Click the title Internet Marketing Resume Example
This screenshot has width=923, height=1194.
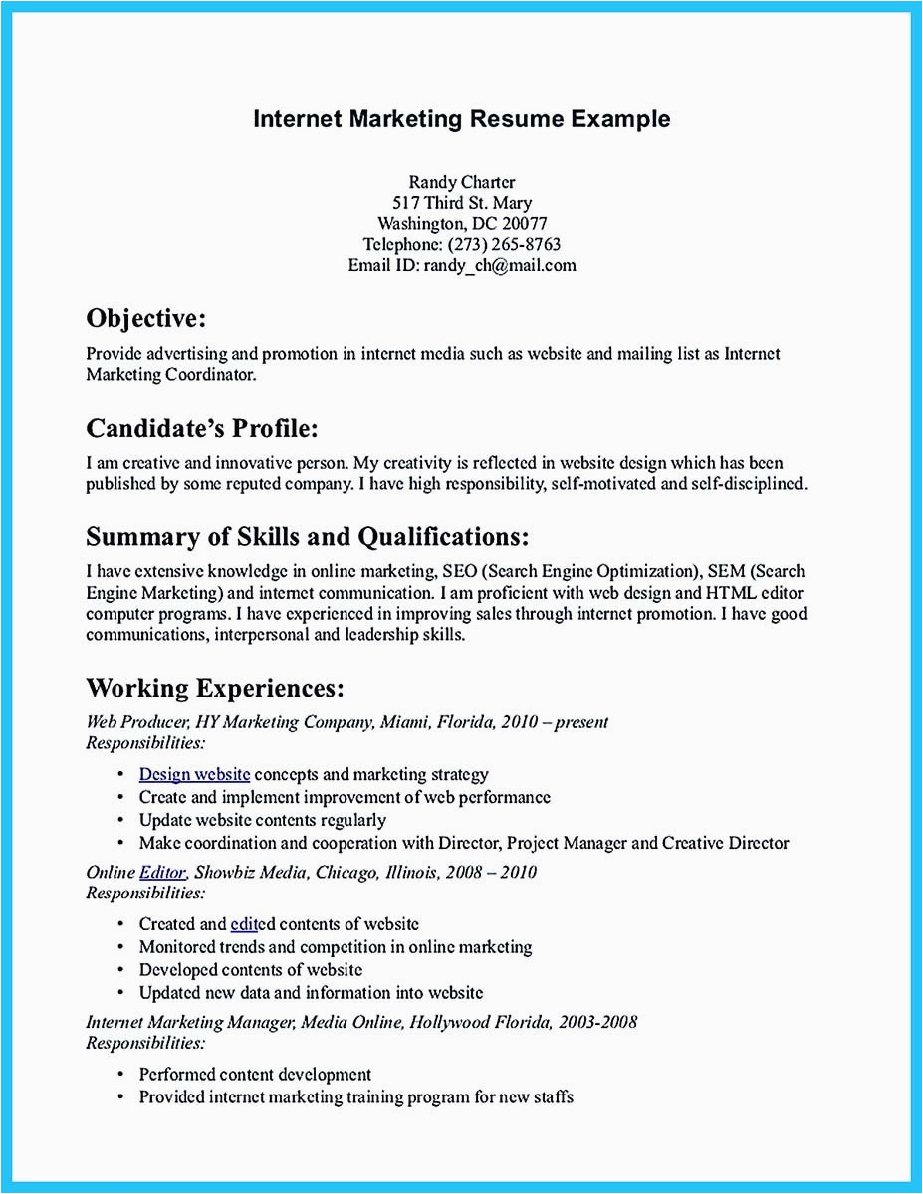(x=461, y=119)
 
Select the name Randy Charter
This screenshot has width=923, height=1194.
(x=461, y=181)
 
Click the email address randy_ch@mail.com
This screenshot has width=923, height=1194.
(x=500, y=266)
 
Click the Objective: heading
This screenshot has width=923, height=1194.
(x=146, y=318)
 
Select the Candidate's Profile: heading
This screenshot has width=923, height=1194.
(x=202, y=428)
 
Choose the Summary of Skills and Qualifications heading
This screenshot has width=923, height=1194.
(x=307, y=537)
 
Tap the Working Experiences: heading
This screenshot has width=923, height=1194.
(x=215, y=688)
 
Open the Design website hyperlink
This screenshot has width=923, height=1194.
(x=194, y=774)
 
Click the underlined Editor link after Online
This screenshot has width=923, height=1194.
(x=162, y=873)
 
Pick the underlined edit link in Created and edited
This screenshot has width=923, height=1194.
(x=244, y=924)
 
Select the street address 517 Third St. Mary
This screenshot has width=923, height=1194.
(x=461, y=203)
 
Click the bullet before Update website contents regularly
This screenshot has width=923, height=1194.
(x=120, y=821)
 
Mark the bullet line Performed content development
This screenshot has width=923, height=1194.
(x=255, y=1075)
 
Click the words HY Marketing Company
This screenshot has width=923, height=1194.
(x=285, y=722)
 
